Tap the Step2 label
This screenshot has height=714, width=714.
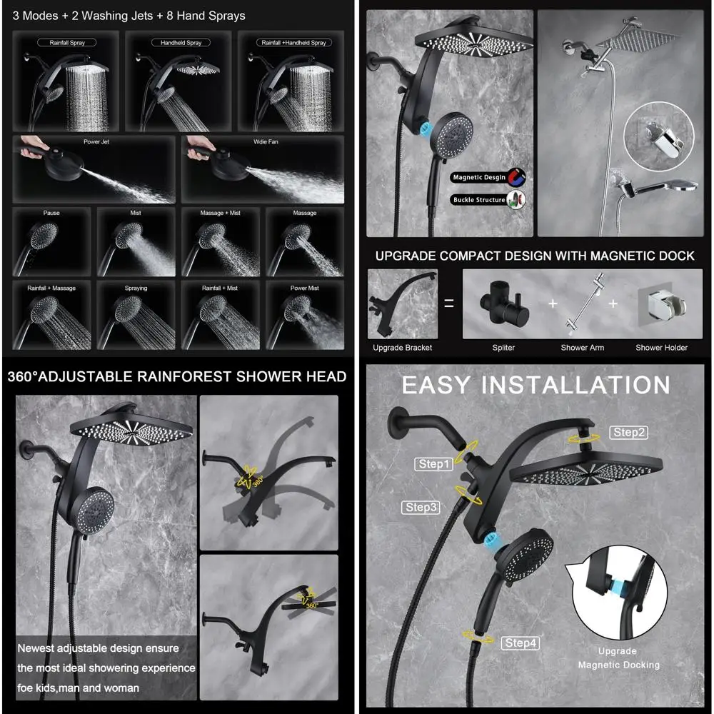[x=629, y=432]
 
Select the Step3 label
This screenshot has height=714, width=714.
[x=421, y=507]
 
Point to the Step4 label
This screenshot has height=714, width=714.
[x=521, y=643]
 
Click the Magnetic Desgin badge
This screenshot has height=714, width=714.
[x=479, y=177]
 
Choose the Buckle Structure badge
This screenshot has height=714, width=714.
[x=479, y=200]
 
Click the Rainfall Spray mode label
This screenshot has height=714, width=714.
[x=68, y=43]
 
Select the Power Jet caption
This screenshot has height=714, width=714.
[x=96, y=142]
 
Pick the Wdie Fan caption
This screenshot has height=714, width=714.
[x=265, y=142]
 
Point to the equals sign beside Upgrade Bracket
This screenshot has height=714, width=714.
[x=449, y=303]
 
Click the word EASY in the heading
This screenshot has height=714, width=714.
[x=436, y=385]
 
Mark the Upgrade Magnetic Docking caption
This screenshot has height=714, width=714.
[x=618, y=658]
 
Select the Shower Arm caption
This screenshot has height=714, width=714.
[x=583, y=348]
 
